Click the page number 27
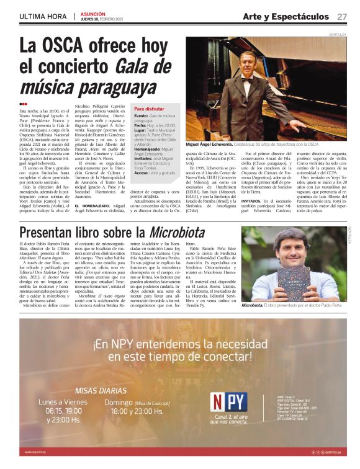coord(342,16)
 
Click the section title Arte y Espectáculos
coord(286,16)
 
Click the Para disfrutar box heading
coord(151,108)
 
